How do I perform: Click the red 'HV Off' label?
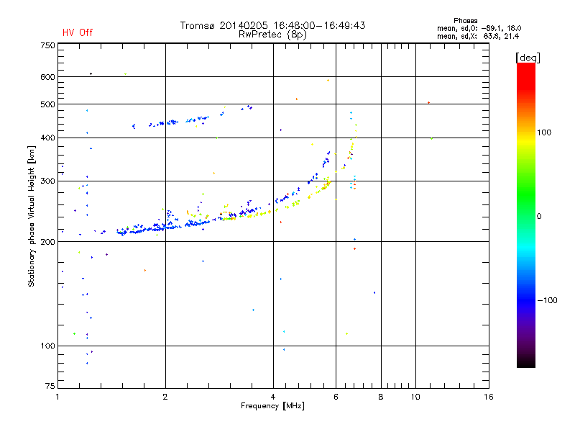[77, 32]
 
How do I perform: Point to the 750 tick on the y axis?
[47, 45]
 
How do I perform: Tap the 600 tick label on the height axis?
[47, 77]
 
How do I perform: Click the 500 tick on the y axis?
[47, 104]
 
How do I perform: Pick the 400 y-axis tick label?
[47, 138]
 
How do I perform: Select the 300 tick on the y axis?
[47, 181]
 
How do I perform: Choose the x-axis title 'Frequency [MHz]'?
[272, 407]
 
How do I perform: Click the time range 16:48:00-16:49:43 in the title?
[317, 25]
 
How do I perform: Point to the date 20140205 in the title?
[244, 25]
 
